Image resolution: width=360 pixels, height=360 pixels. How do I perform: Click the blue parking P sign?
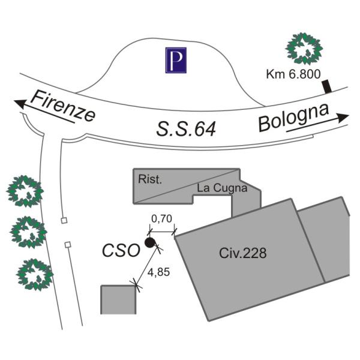[176, 60]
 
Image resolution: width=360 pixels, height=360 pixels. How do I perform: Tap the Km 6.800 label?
[293, 75]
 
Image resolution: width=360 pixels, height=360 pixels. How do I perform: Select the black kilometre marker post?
[326, 88]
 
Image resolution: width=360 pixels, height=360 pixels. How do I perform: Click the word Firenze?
[63, 106]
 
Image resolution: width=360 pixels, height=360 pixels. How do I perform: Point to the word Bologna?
[293, 117]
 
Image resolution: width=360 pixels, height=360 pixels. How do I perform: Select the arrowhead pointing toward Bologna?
[343, 117]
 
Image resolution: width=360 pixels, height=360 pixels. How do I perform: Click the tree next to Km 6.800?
[304, 49]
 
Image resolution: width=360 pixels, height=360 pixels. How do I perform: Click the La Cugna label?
[222, 188]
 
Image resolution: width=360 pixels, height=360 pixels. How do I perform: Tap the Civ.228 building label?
[242, 253]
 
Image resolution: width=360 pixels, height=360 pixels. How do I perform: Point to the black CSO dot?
[149, 243]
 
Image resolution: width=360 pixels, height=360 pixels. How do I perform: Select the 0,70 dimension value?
[161, 219]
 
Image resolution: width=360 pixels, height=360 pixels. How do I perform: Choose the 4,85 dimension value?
[158, 271]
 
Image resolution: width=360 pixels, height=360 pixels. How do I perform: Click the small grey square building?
[118, 299]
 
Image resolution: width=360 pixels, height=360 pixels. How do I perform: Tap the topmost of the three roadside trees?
[25, 191]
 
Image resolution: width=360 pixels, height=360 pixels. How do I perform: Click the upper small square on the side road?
[64, 221]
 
